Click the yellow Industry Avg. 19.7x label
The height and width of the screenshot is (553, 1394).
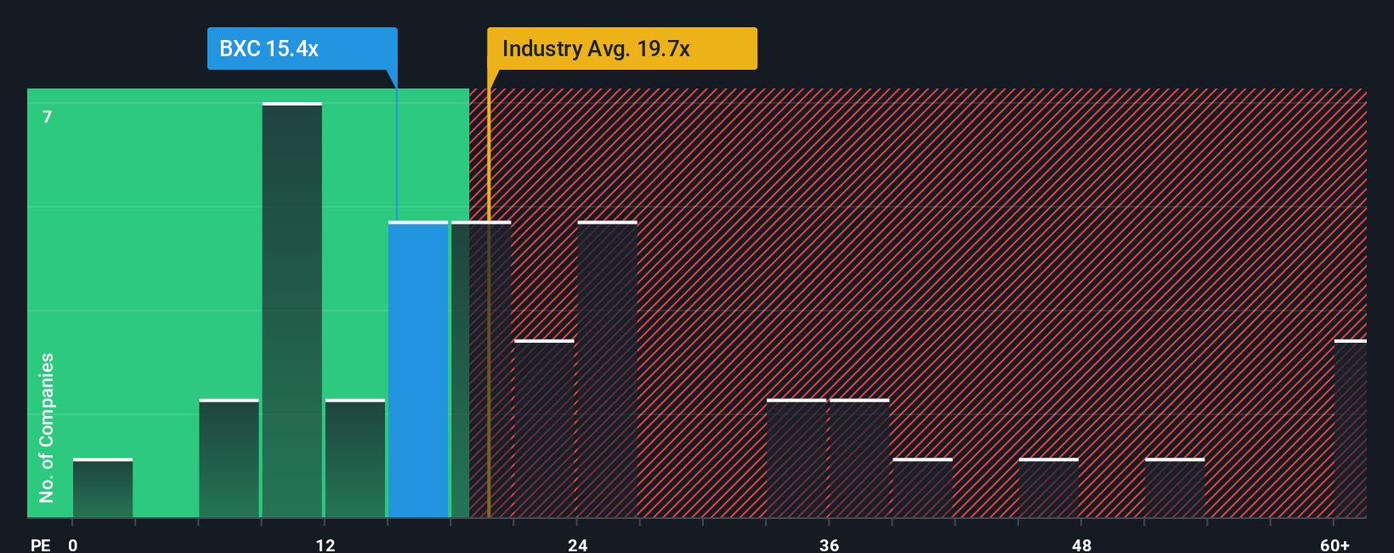(x=621, y=48)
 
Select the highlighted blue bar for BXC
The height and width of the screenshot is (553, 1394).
(x=418, y=369)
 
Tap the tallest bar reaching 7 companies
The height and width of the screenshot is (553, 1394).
(x=292, y=310)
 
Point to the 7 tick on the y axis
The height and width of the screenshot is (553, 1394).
(x=48, y=117)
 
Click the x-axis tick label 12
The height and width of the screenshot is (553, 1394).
(x=325, y=544)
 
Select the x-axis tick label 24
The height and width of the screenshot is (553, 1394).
(x=577, y=544)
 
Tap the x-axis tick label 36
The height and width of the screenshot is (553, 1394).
(x=829, y=544)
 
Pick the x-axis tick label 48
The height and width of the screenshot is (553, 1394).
(x=1081, y=544)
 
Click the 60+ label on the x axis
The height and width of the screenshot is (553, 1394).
(x=1334, y=544)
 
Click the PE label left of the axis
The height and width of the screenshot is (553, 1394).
(x=40, y=544)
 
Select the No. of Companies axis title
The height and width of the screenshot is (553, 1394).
(x=47, y=427)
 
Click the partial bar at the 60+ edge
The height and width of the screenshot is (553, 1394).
(x=1350, y=429)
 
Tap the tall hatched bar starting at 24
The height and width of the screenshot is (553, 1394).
(x=607, y=369)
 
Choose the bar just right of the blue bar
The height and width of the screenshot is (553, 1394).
(x=481, y=369)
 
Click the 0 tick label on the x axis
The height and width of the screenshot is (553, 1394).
(x=73, y=544)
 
